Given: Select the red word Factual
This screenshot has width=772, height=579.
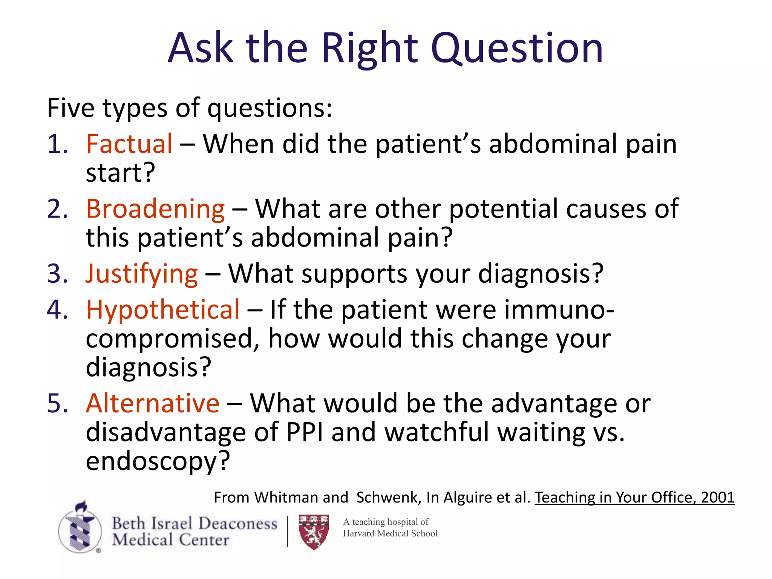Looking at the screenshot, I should click(129, 144).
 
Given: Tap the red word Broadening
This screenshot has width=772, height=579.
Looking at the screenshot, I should click(155, 209).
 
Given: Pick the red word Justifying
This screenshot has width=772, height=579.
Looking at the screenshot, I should click(142, 274).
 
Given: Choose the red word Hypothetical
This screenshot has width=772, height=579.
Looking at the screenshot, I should click(163, 310).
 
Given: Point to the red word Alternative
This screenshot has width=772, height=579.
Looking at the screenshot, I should click(153, 403).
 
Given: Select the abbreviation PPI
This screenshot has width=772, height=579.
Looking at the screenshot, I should click(305, 432).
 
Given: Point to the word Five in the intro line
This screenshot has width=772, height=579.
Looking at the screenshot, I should click(70, 108).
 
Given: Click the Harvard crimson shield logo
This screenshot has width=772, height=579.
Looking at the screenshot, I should click(314, 532).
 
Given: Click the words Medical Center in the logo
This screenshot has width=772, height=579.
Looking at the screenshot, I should click(170, 540).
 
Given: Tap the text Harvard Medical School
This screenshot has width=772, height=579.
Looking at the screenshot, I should click(390, 533).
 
